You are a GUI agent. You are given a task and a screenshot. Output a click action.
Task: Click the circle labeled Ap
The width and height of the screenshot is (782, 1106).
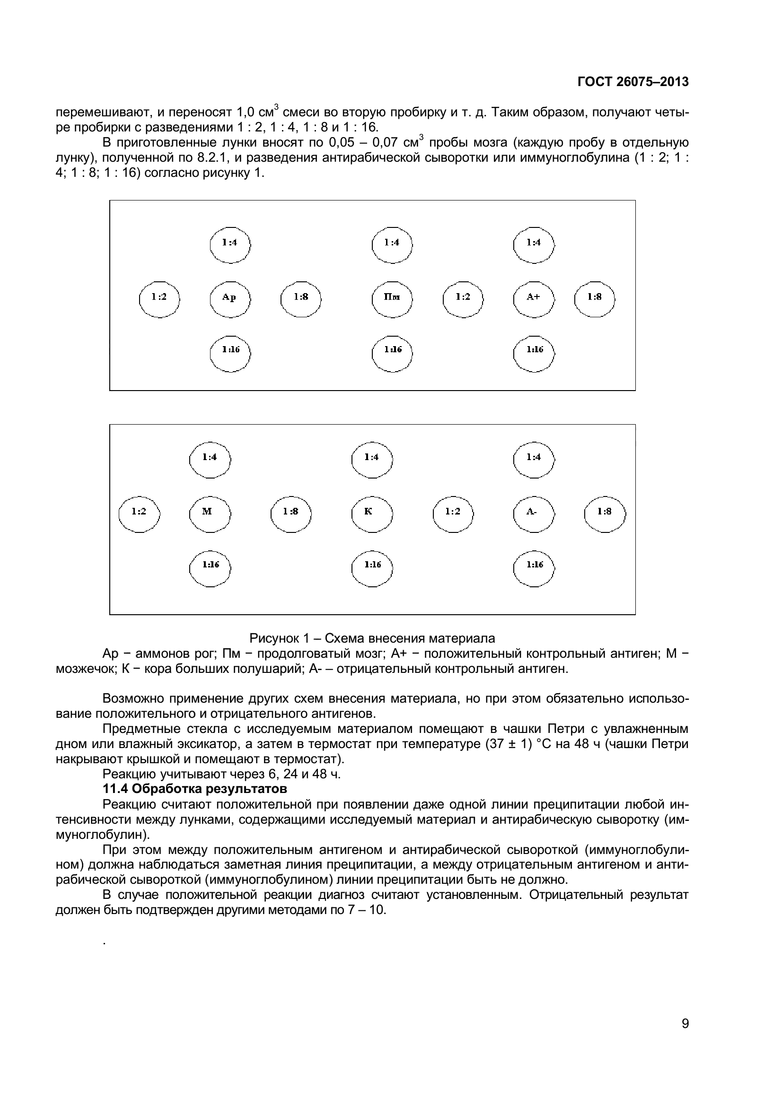click(x=230, y=299)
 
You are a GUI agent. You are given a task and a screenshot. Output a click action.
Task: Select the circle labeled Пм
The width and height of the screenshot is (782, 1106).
click(x=392, y=299)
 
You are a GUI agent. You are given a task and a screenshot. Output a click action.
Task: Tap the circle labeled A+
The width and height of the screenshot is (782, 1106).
click(x=533, y=299)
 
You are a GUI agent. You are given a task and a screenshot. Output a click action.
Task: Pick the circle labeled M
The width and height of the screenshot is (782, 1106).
click(x=209, y=513)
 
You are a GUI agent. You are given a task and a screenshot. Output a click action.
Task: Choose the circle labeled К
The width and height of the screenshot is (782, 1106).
click(x=371, y=513)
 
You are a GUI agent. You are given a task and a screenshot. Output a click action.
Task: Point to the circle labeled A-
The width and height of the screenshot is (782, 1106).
click(x=533, y=513)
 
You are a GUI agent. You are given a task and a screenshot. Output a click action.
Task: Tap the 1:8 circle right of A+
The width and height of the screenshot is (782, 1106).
click(x=594, y=299)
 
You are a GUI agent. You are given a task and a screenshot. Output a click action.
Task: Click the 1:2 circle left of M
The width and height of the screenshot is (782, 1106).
click(x=139, y=513)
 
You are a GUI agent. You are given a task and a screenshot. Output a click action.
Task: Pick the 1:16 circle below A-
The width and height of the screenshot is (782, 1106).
click(x=534, y=566)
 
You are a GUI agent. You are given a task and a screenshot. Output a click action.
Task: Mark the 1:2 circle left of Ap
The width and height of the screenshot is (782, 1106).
click(x=159, y=299)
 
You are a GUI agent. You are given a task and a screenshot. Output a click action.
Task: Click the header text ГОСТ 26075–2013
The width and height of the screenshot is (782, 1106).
click(x=633, y=82)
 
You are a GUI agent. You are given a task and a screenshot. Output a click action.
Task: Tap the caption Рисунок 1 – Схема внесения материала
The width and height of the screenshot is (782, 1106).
click(x=372, y=638)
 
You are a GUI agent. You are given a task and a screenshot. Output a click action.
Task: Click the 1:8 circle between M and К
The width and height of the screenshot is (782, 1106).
click(x=290, y=513)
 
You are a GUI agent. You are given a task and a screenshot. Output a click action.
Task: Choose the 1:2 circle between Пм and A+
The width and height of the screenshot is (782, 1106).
click(x=463, y=299)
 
